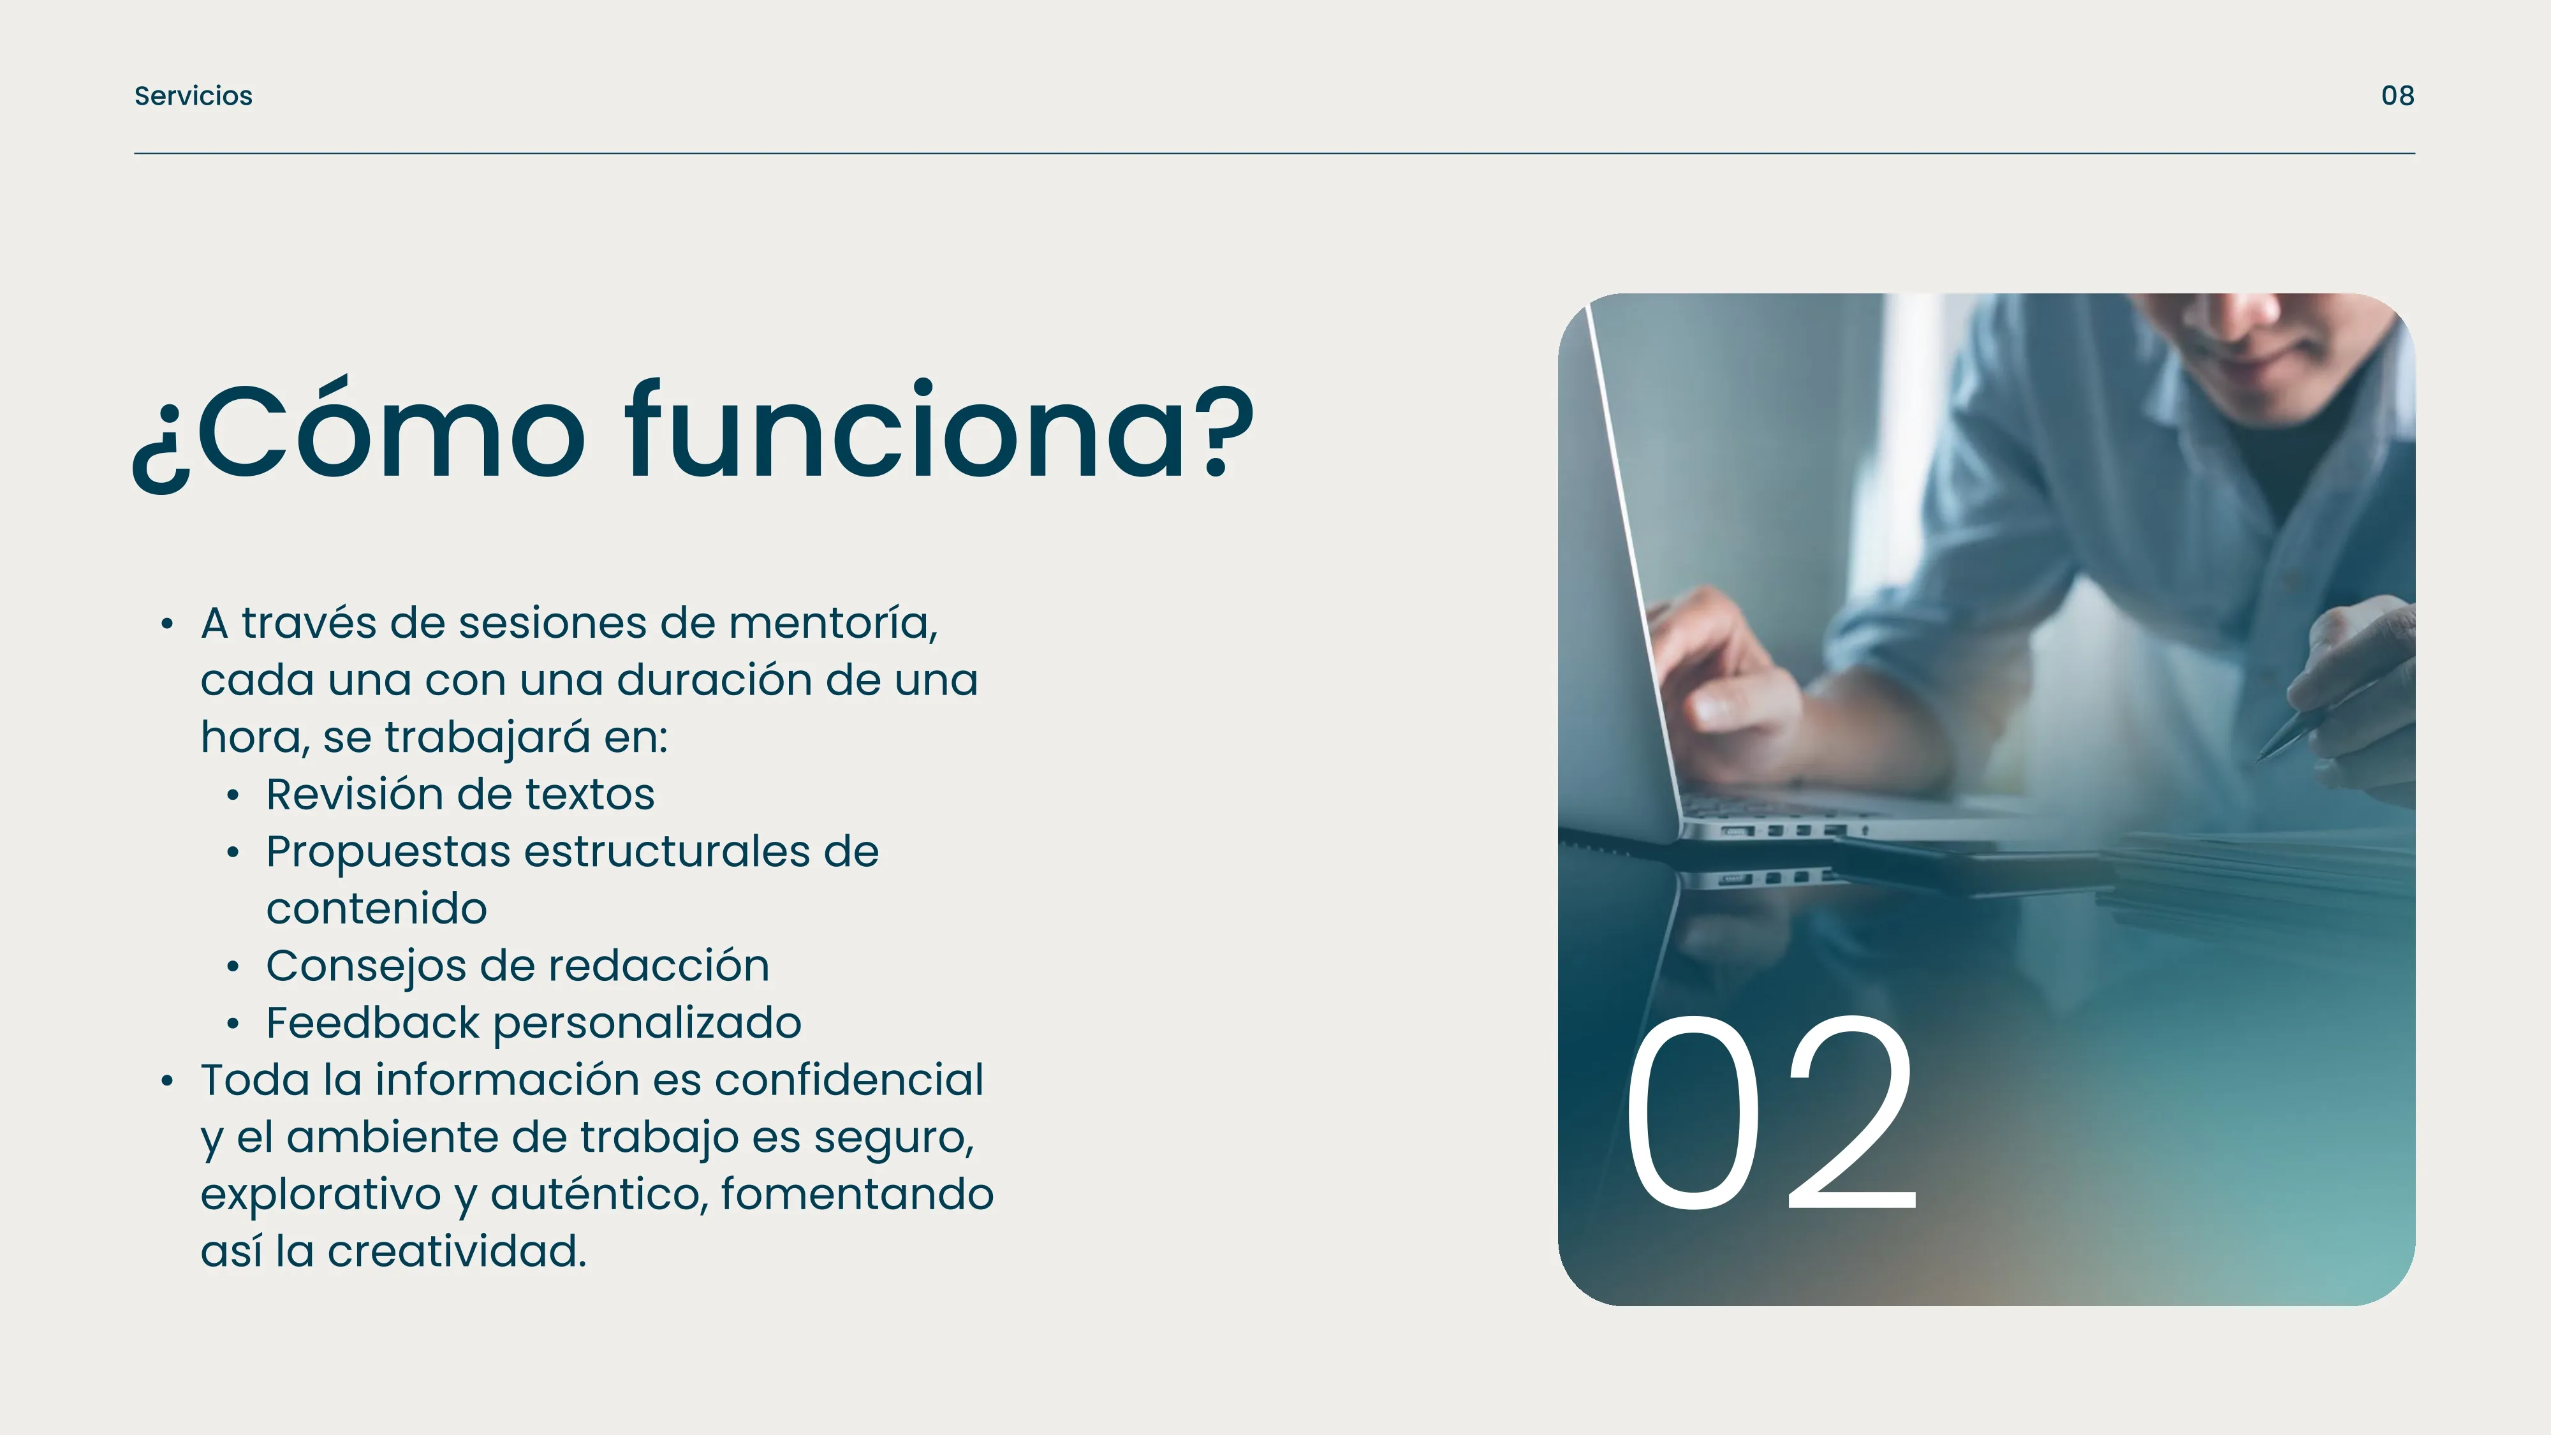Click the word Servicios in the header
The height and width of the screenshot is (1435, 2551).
tap(193, 96)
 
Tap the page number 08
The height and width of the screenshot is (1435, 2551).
tap(2397, 96)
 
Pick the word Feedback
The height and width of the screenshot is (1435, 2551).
tap(372, 1023)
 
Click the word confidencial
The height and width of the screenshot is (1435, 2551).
tap(849, 1080)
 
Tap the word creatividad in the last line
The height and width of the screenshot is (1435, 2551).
tap(457, 1251)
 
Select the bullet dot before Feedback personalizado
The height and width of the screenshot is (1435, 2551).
tap(233, 1024)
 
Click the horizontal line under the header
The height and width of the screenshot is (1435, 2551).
tap(1274, 154)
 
